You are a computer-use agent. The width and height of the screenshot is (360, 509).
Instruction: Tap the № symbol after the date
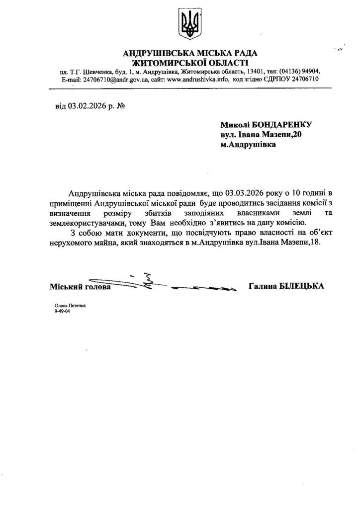[119, 106]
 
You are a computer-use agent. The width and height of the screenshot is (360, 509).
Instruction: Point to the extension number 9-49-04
[63, 315]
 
